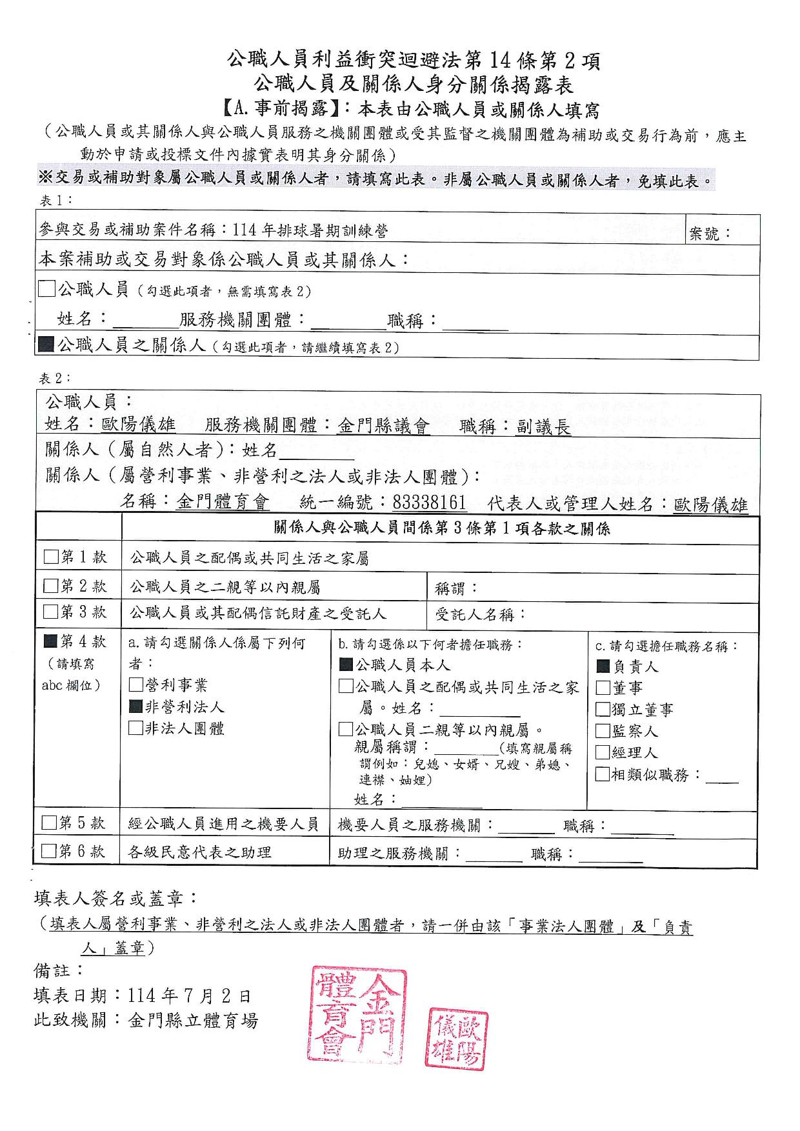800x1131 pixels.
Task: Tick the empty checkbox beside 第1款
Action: pos(51,557)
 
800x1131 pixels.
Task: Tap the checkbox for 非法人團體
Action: pos(136,728)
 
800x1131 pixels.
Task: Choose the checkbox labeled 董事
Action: pos(603,688)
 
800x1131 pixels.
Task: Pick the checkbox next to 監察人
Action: pos(603,731)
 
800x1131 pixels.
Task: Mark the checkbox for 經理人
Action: pos(603,752)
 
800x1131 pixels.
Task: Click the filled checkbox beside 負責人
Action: pos(603,666)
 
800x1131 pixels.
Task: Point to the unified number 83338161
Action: pos(429,502)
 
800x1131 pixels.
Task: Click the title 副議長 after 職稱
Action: pos(543,426)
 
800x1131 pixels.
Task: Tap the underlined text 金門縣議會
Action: pos(383,426)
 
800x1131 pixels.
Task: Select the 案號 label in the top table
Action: pos(710,234)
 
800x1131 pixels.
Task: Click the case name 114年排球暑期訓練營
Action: pos(310,230)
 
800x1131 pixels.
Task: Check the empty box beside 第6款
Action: pos(49,851)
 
